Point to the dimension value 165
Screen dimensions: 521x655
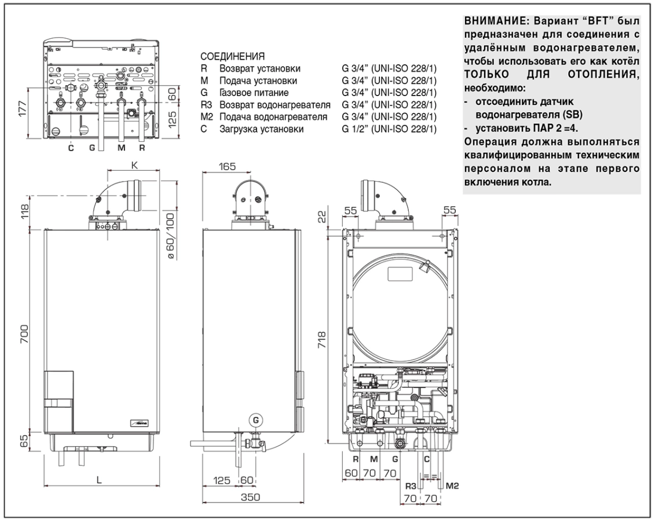coord(227,167)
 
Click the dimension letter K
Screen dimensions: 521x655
coord(135,166)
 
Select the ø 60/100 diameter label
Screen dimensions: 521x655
coord(170,235)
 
